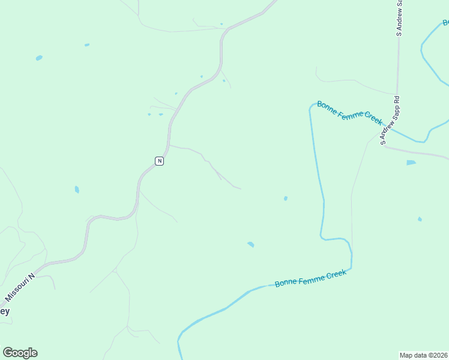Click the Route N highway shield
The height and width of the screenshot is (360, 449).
point(159,161)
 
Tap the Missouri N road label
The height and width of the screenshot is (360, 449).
point(20,286)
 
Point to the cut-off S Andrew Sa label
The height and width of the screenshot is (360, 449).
point(399,18)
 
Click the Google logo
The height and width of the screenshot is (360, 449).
point(20,353)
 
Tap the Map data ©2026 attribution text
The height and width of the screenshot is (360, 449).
point(423,355)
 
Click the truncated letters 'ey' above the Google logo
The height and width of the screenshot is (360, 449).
point(4,311)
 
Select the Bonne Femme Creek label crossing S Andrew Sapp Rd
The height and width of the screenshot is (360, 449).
point(349,113)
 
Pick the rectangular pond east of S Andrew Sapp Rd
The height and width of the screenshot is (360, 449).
point(411,163)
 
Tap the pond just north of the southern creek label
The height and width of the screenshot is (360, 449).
point(250,244)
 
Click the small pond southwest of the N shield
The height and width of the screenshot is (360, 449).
point(77,190)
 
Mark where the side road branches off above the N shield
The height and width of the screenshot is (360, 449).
point(170,145)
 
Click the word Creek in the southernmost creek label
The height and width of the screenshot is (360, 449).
point(337,275)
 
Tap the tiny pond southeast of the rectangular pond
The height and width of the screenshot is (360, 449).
point(420,219)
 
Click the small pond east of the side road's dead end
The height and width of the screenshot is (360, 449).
point(285,198)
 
